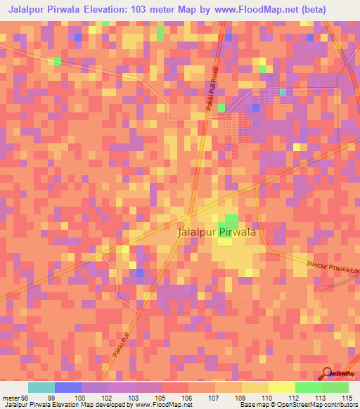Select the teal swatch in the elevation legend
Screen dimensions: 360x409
[41, 387]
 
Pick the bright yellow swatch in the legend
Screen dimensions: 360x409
[281, 387]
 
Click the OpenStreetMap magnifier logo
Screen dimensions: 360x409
[328, 374]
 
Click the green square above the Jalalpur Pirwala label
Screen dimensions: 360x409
[231, 220]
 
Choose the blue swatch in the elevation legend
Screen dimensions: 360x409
[67, 387]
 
